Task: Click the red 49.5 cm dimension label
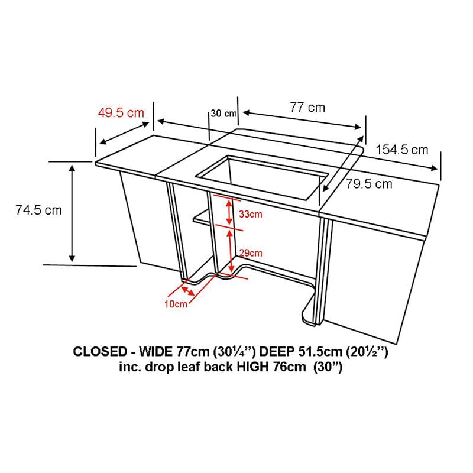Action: tap(121, 113)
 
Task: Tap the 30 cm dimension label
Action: tap(223, 114)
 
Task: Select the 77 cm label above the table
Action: tap(307, 108)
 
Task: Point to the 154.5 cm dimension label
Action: tap(402, 150)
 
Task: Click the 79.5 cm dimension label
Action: tap(368, 184)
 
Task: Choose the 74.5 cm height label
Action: tap(38, 210)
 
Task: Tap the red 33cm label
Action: tap(250, 214)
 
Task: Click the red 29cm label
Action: tap(250, 253)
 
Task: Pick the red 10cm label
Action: tap(176, 304)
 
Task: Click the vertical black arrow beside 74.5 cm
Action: tap(72, 213)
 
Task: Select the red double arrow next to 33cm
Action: tap(229, 212)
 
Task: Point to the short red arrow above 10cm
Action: tap(187, 291)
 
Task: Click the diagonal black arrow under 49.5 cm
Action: tap(124, 133)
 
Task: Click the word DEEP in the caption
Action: tap(277, 352)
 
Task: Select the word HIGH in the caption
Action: tap(252, 367)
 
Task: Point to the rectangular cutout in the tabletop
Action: tap(262, 178)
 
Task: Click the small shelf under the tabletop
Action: tap(202, 218)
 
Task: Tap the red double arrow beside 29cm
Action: tap(231, 251)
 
